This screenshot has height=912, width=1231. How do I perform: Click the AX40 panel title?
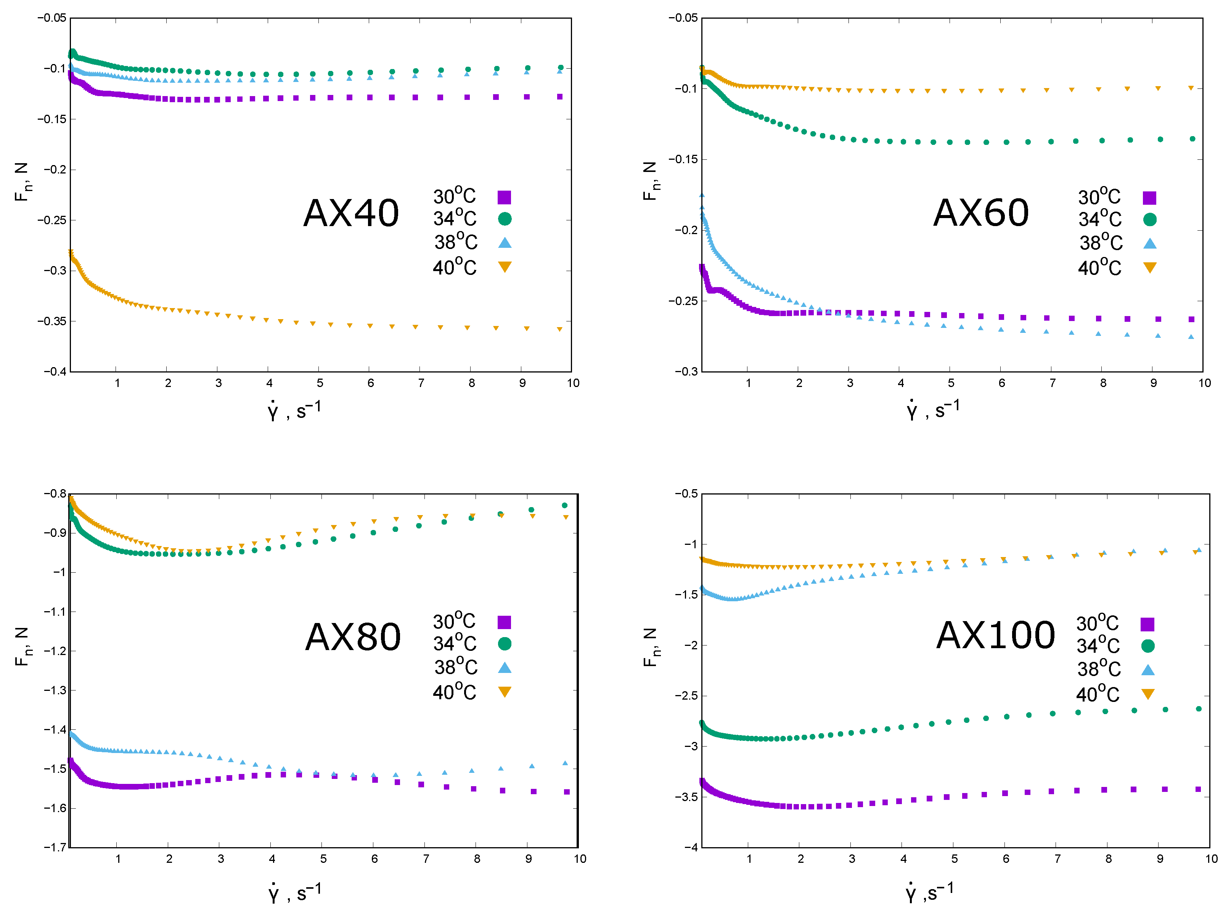[x=351, y=213]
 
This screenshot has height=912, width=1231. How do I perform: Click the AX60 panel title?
[x=980, y=213]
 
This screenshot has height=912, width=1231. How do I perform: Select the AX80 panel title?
[x=353, y=637]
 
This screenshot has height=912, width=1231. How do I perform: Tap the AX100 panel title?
[x=995, y=636]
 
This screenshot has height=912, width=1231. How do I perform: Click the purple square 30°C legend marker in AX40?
[x=504, y=197]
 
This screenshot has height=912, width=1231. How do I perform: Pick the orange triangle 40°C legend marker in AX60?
[x=1149, y=268]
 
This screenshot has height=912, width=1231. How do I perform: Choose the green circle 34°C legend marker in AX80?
[x=504, y=644]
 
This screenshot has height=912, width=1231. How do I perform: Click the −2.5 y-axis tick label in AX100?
[x=686, y=695]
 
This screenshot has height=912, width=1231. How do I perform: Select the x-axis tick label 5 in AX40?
[x=320, y=383]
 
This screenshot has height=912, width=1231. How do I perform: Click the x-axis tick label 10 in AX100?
[x=1211, y=859]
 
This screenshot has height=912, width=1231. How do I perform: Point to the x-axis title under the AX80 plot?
[x=295, y=892]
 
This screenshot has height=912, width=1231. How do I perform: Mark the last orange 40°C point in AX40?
[x=560, y=329]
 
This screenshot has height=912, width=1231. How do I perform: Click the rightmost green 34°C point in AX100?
[x=1199, y=709]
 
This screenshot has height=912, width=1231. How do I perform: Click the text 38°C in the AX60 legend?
[x=1101, y=243]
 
